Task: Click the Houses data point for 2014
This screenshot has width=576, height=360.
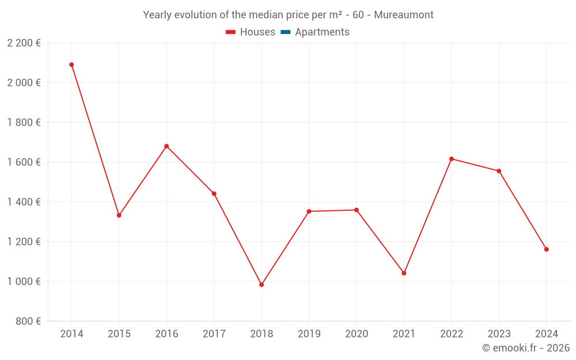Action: pos(71,65)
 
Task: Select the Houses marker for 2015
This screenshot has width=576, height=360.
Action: pos(119,215)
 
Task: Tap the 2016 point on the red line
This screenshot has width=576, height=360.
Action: pos(166,146)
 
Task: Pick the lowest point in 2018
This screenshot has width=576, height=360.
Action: pos(262,285)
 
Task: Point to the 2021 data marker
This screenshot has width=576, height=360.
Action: pos(404,273)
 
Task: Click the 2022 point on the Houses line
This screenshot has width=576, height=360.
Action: pos(452,159)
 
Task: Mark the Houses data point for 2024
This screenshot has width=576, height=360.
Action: pos(546,249)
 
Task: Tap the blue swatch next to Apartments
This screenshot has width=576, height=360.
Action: pos(285,32)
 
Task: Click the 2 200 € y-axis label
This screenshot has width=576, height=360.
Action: pos(24,43)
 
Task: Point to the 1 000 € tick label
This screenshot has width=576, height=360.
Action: pos(24,281)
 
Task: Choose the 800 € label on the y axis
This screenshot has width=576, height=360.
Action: pos(27,321)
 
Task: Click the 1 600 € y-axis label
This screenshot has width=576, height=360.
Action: pos(24,162)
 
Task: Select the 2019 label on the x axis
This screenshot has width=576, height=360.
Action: pos(309,334)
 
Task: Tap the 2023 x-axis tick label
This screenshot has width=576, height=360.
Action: pos(499,334)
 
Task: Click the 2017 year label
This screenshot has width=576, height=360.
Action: pos(214,334)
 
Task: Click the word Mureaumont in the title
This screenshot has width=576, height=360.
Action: pos(403,15)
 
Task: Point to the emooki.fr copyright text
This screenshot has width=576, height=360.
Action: pos(526,348)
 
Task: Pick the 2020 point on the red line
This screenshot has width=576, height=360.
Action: pos(357,210)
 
